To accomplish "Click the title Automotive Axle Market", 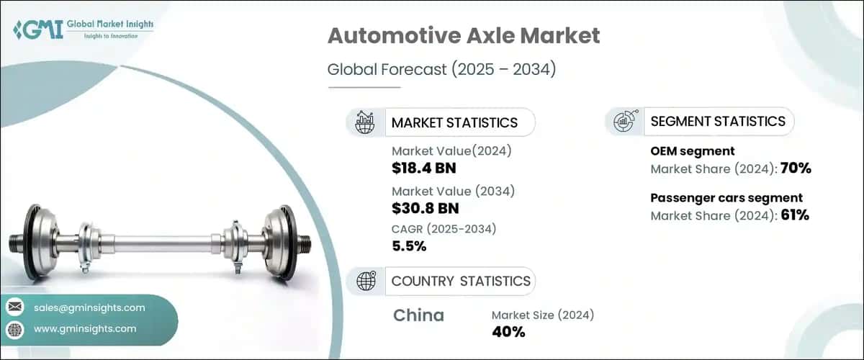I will click(463, 37).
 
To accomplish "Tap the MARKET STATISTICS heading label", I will click(454, 122).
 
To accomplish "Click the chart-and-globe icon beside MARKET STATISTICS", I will click(364, 122).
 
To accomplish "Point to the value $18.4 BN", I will click(424, 169).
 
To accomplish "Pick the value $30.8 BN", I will click(425, 210).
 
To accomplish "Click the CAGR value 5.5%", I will click(409, 246).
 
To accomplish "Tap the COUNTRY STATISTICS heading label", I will click(461, 281).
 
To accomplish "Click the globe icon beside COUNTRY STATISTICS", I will click(366, 281).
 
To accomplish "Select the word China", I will click(418, 315).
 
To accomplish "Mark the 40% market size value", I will click(508, 332).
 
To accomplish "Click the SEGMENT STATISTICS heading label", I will click(718, 121).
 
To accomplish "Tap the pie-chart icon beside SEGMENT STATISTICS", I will click(624, 121).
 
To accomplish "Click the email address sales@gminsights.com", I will click(89, 307).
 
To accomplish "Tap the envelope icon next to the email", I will click(15, 307).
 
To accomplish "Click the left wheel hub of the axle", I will click(40, 240).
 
